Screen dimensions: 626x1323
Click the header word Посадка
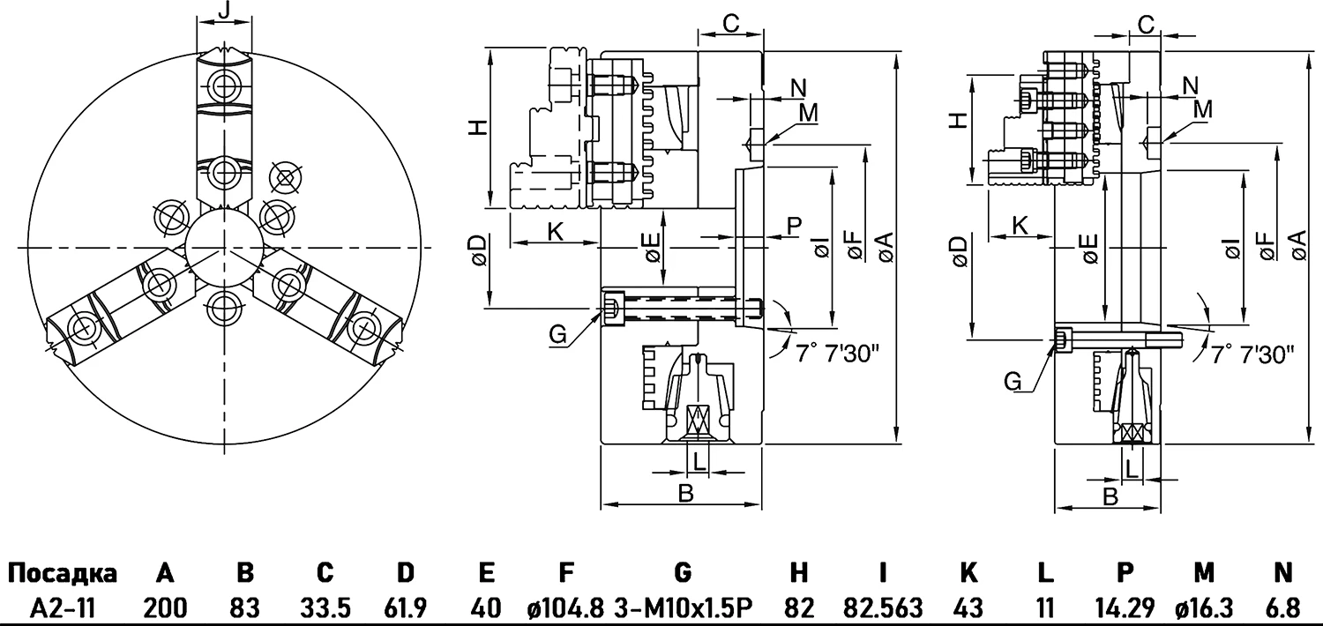pos(63,574)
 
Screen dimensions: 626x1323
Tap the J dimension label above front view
pos(223,11)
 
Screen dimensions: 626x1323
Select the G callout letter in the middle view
pos(557,334)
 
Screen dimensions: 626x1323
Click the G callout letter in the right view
pos(1014,380)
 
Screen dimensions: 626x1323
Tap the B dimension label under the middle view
pos(685,493)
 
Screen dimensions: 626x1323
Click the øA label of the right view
pos(1296,243)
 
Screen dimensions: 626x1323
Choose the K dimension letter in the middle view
pos(556,232)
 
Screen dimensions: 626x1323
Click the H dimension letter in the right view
pos(957,122)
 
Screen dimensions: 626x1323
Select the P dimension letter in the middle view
pos(794,225)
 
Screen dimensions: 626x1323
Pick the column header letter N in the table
pos(1283,574)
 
